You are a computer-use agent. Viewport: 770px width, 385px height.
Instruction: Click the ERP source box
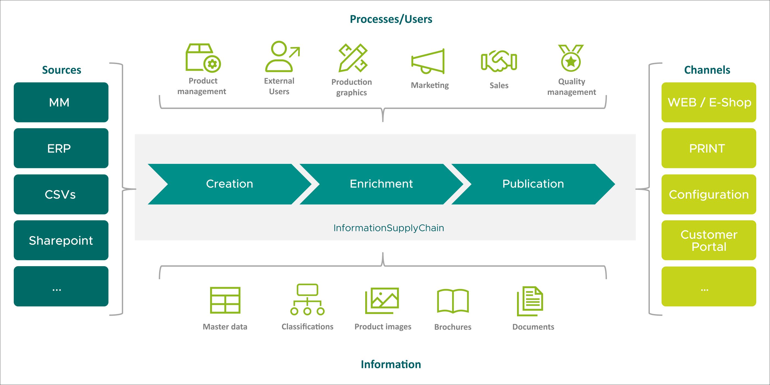tap(61, 148)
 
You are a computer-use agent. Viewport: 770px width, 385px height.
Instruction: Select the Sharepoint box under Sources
tap(61, 240)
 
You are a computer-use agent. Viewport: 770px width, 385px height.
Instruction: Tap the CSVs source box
tap(61, 194)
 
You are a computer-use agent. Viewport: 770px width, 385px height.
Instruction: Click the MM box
tap(61, 102)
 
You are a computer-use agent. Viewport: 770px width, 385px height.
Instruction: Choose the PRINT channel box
tap(708, 148)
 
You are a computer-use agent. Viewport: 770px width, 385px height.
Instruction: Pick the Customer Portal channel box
tap(708, 240)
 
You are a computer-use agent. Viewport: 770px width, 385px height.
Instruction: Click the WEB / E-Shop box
tap(708, 102)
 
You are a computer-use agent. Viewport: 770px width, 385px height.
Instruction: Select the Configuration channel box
tap(708, 194)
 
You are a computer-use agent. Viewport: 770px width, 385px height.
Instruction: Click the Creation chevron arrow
tap(230, 184)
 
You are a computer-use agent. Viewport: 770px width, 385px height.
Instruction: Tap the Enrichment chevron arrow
tap(381, 184)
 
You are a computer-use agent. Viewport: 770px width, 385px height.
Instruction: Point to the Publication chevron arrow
tap(533, 184)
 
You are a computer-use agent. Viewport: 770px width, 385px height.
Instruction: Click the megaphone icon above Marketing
tap(428, 62)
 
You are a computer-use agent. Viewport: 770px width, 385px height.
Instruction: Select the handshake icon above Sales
tap(499, 61)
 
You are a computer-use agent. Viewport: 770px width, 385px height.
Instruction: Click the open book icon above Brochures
tap(453, 301)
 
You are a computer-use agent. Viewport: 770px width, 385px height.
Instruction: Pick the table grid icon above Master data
tap(225, 300)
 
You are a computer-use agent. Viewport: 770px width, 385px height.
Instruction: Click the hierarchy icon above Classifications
tap(307, 299)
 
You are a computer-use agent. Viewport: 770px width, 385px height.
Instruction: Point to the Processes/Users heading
tap(391, 19)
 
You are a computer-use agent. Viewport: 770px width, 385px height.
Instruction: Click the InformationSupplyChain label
tap(389, 228)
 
